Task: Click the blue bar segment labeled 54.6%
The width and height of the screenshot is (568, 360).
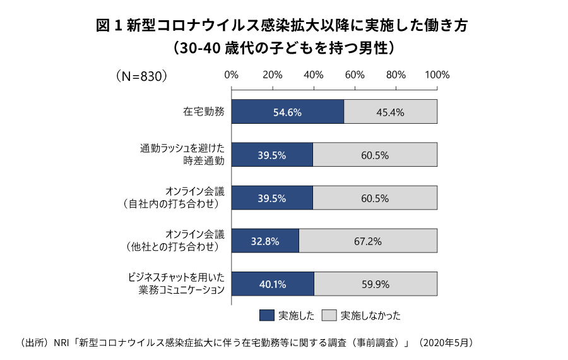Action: tap(288, 112)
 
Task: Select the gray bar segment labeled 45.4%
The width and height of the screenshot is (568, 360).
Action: tap(390, 112)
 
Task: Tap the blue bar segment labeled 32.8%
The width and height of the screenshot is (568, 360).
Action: tap(265, 241)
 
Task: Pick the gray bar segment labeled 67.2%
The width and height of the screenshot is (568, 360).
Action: tap(367, 241)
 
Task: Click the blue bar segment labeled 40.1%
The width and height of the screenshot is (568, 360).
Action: tap(273, 284)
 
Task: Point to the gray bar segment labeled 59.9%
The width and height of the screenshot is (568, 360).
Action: tap(375, 284)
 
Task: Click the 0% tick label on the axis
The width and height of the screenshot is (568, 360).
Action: tap(232, 75)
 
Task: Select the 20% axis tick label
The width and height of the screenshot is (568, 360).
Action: tap(273, 75)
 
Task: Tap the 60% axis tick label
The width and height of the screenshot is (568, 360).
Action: tap(355, 75)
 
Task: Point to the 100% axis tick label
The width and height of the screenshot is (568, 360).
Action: tap(437, 75)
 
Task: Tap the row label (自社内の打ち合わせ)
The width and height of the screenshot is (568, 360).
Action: tap(172, 204)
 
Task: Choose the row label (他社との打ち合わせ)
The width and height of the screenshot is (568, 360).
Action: tap(172, 247)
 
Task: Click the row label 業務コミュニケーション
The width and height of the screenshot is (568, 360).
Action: tap(182, 290)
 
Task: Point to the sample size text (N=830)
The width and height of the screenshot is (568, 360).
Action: tap(141, 75)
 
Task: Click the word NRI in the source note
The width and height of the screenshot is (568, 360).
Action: tap(62, 343)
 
